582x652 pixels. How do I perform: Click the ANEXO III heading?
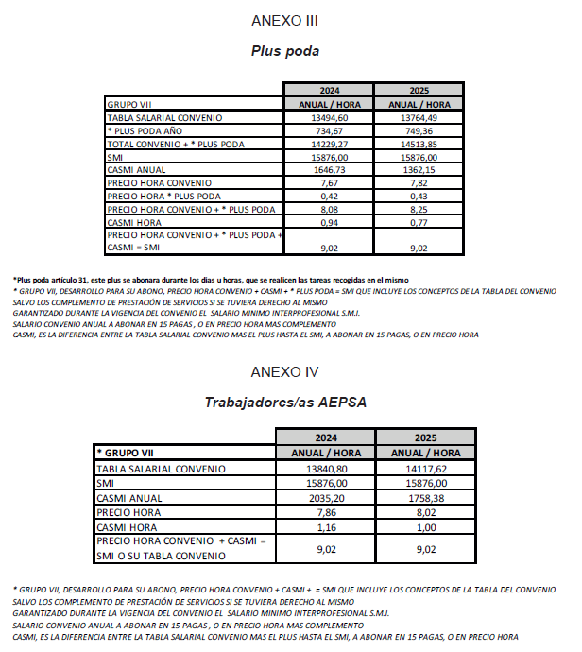pyautogui.click(x=284, y=20)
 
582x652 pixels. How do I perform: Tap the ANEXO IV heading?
pyautogui.click(x=284, y=372)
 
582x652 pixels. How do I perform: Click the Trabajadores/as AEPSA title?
pyautogui.click(x=285, y=403)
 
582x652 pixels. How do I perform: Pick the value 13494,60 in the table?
pyautogui.click(x=329, y=118)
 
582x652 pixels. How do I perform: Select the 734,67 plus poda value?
pyautogui.click(x=329, y=130)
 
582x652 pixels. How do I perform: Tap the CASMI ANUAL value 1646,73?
pyautogui.click(x=329, y=169)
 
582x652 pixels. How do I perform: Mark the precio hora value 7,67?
pyautogui.click(x=329, y=182)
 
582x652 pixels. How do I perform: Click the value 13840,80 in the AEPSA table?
pyautogui.click(x=328, y=469)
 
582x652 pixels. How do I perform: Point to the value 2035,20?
pyautogui.click(x=328, y=498)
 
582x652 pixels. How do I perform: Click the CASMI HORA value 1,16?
pyautogui.click(x=328, y=526)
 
